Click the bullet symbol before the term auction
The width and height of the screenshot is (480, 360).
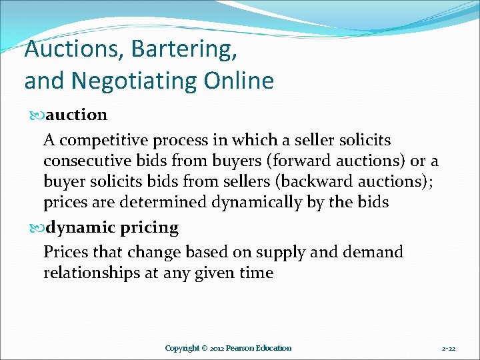(37, 115)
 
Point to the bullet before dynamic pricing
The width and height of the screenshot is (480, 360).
(37, 228)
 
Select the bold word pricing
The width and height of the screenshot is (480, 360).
(149, 228)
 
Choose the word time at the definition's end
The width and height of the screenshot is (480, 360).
(254, 273)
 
